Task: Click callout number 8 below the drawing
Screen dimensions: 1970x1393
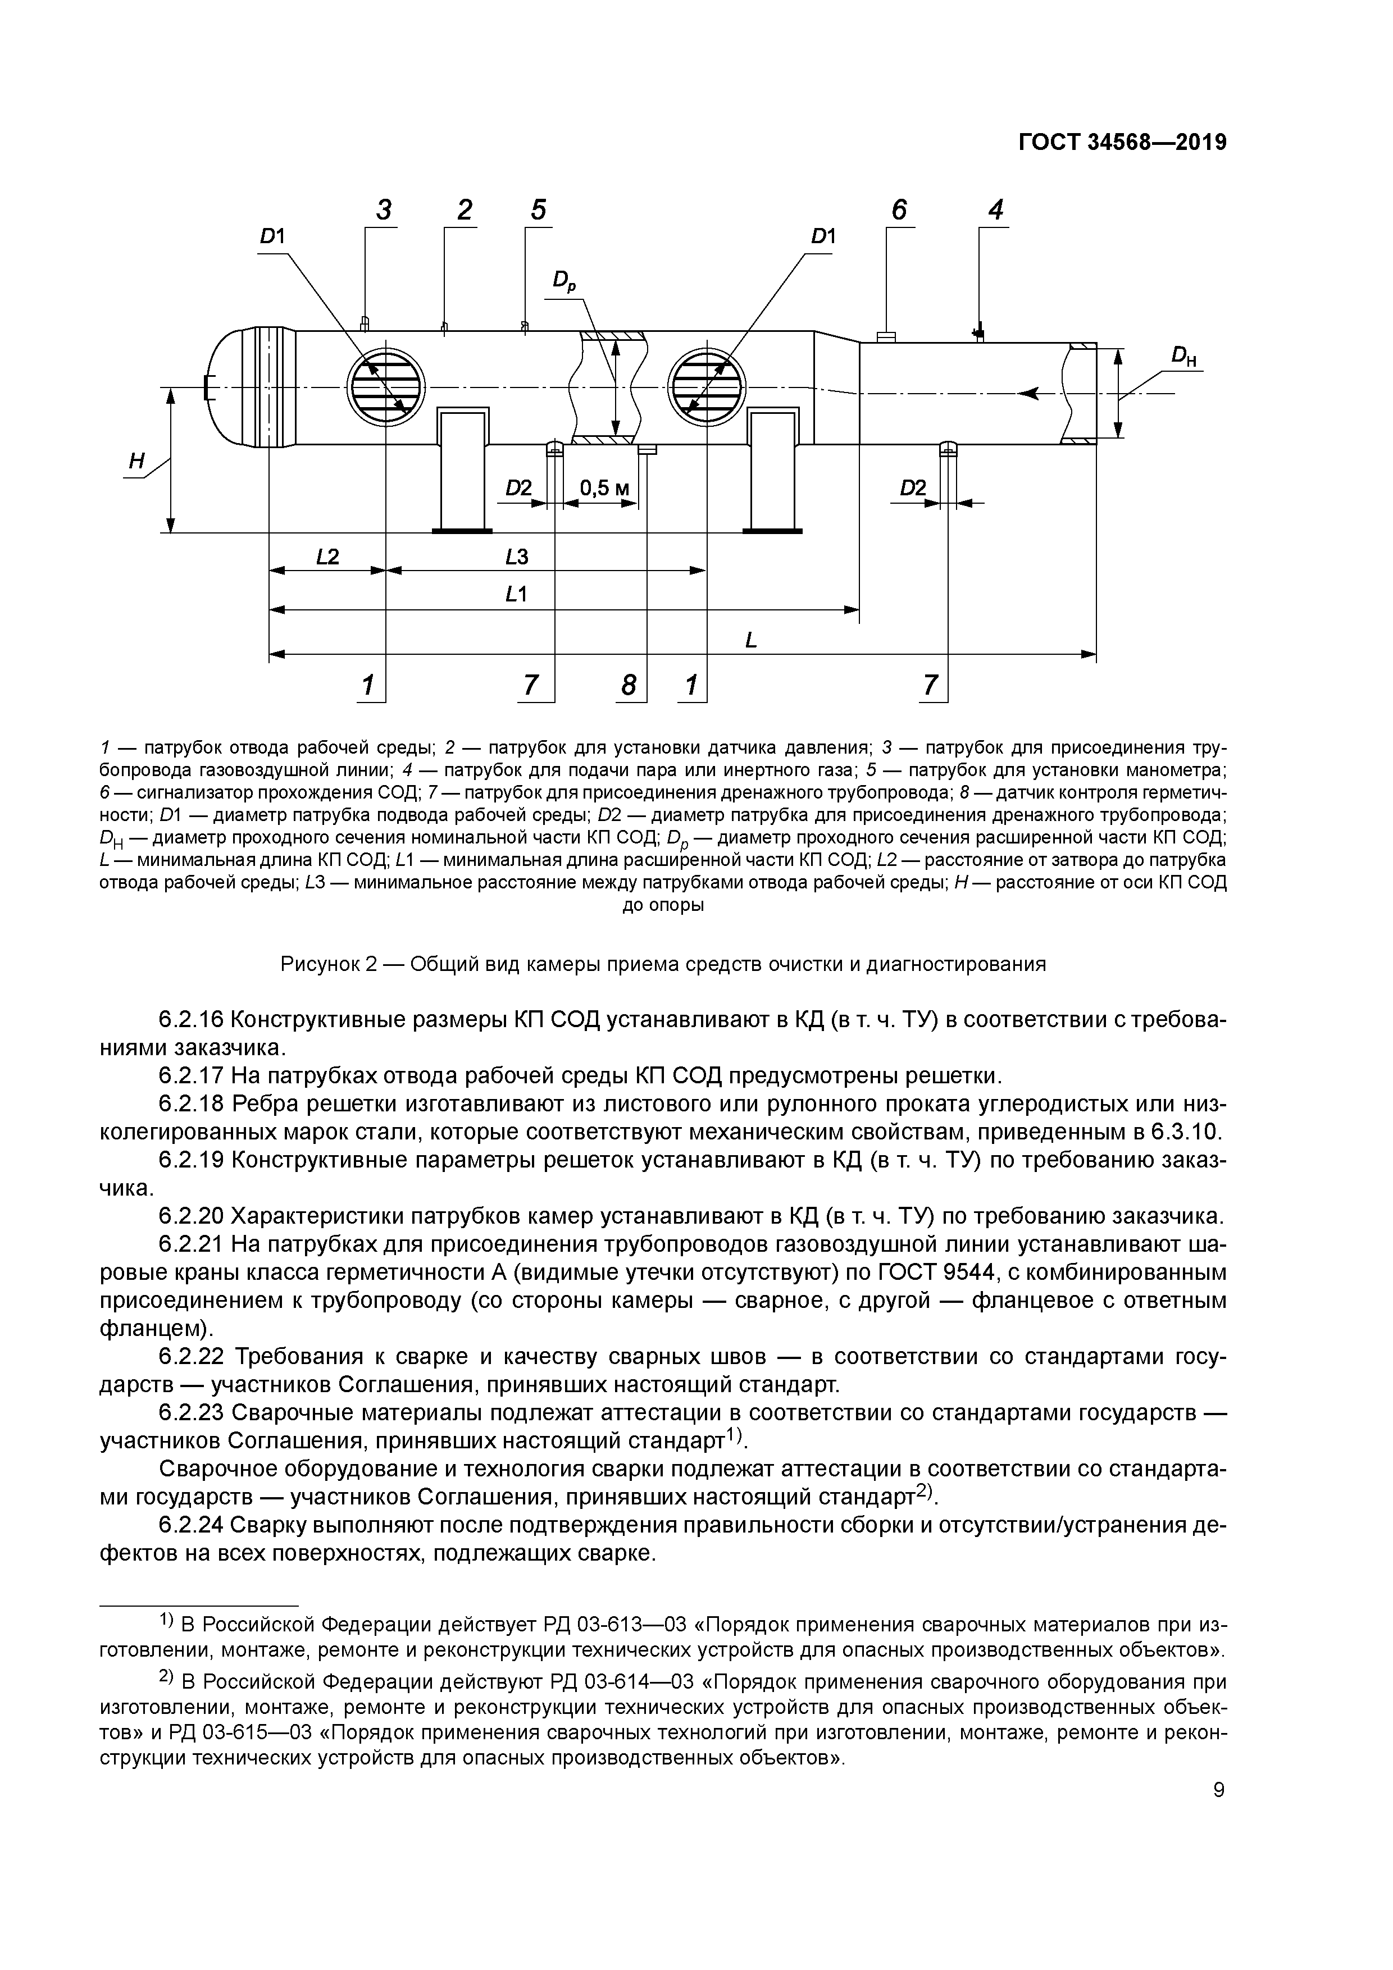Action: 629,685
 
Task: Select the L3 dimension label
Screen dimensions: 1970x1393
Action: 517,557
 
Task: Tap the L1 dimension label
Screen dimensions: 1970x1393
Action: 517,594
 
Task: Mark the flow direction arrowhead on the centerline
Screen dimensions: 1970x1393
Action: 1028,393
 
